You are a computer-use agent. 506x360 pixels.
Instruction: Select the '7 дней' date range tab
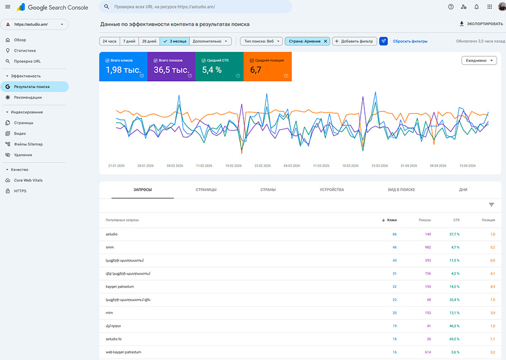pyautogui.click(x=129, y=41)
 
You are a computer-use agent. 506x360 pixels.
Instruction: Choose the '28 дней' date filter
pyautogui.click(x=149, y=41)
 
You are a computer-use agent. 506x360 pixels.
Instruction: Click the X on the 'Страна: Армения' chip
pyautogui.click(x=325, y=41)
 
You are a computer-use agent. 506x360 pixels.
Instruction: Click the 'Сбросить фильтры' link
pyautogui.click(x=410, y=41)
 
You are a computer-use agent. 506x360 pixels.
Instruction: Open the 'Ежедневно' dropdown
pyautogui.click(x=479, y=61)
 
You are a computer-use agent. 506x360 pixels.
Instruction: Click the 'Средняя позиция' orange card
pyautogui.click(x=268, y=66)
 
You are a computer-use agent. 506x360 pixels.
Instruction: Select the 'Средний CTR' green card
pyautogui.click(x=219, y=66)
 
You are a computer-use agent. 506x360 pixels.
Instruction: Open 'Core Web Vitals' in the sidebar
pyautogui.click(x=28, y=180)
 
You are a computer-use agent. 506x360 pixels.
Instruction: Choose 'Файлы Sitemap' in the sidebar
pyautogui.click(x=28, y=144)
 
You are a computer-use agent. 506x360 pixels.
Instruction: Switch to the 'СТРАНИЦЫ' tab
pyautogui.click(x=206, y=190)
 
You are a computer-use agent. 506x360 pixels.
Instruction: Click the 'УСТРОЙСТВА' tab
pyautogui.click(x=332, y=190)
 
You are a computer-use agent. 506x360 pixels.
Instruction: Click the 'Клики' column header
pyautogui.click(x=392, y=220)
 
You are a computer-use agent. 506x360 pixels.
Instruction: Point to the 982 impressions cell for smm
pyautogui.click(x=427, y=247)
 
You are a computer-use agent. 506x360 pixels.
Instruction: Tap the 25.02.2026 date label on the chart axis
pyautogui.click(x=263, y=166)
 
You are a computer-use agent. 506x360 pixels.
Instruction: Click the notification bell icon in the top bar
pyautogui.click(x=477, y=7)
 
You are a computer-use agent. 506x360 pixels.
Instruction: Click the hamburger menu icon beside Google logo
pyautogui.click(x=7, y=7)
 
